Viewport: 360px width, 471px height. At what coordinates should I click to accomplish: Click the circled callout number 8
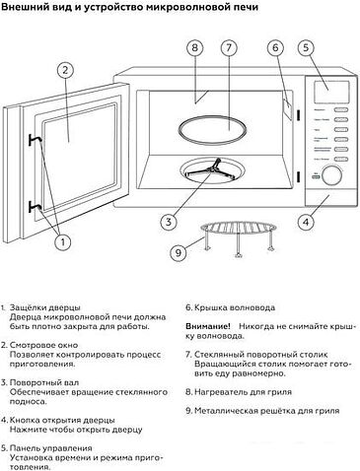tap(195, 48)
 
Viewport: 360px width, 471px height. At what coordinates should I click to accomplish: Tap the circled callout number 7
tap(228, 48)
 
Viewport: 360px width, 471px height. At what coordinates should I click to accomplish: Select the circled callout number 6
tap(275, 48)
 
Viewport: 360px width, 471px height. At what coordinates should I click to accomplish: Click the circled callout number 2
tap(63, 69)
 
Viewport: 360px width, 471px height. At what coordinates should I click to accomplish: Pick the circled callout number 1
tap(63, 239)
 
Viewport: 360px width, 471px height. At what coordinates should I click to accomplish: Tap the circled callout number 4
tap(306, 221)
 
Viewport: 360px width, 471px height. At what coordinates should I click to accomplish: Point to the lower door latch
tap(35, 204)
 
